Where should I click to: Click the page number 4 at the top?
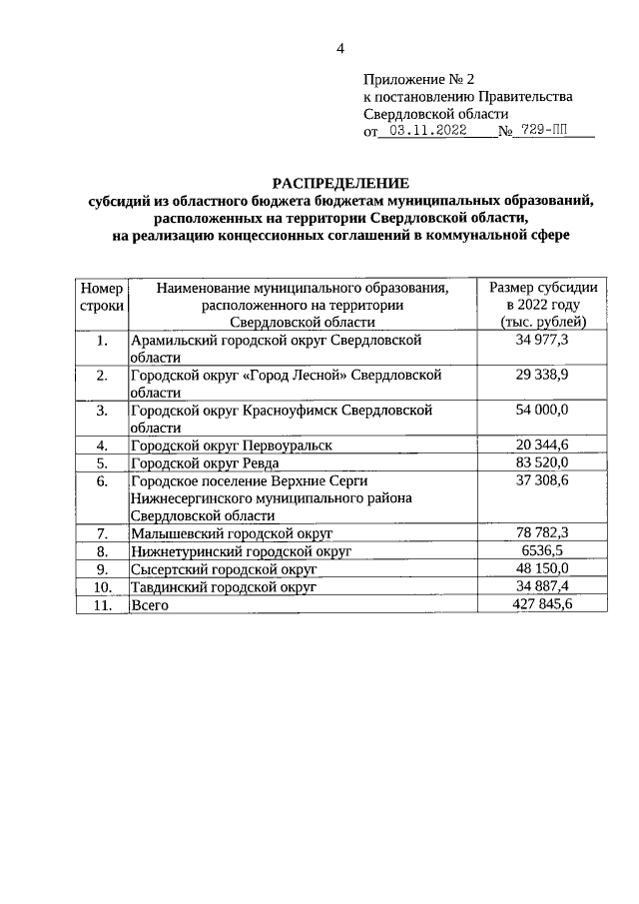[x=339, y=48]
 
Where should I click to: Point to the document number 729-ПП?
[x=548, y=131]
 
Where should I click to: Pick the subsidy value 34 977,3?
[x=543, y=341]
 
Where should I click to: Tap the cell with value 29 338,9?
[x=543, y=376]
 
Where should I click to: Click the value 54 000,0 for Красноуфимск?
[x=543, y=411]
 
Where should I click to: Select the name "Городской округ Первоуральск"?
[x=231, y=445]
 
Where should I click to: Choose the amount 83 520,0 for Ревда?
[x=543, y=462]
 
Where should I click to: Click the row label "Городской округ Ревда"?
[x=205, y=462]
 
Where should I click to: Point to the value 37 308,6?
[x=543, y=480]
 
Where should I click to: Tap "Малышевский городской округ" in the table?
[x=231, y=534]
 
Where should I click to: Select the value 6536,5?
[x=543, y=551]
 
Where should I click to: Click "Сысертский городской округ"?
[x=224, y=569]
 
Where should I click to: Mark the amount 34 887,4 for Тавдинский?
[x=543, y=587]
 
